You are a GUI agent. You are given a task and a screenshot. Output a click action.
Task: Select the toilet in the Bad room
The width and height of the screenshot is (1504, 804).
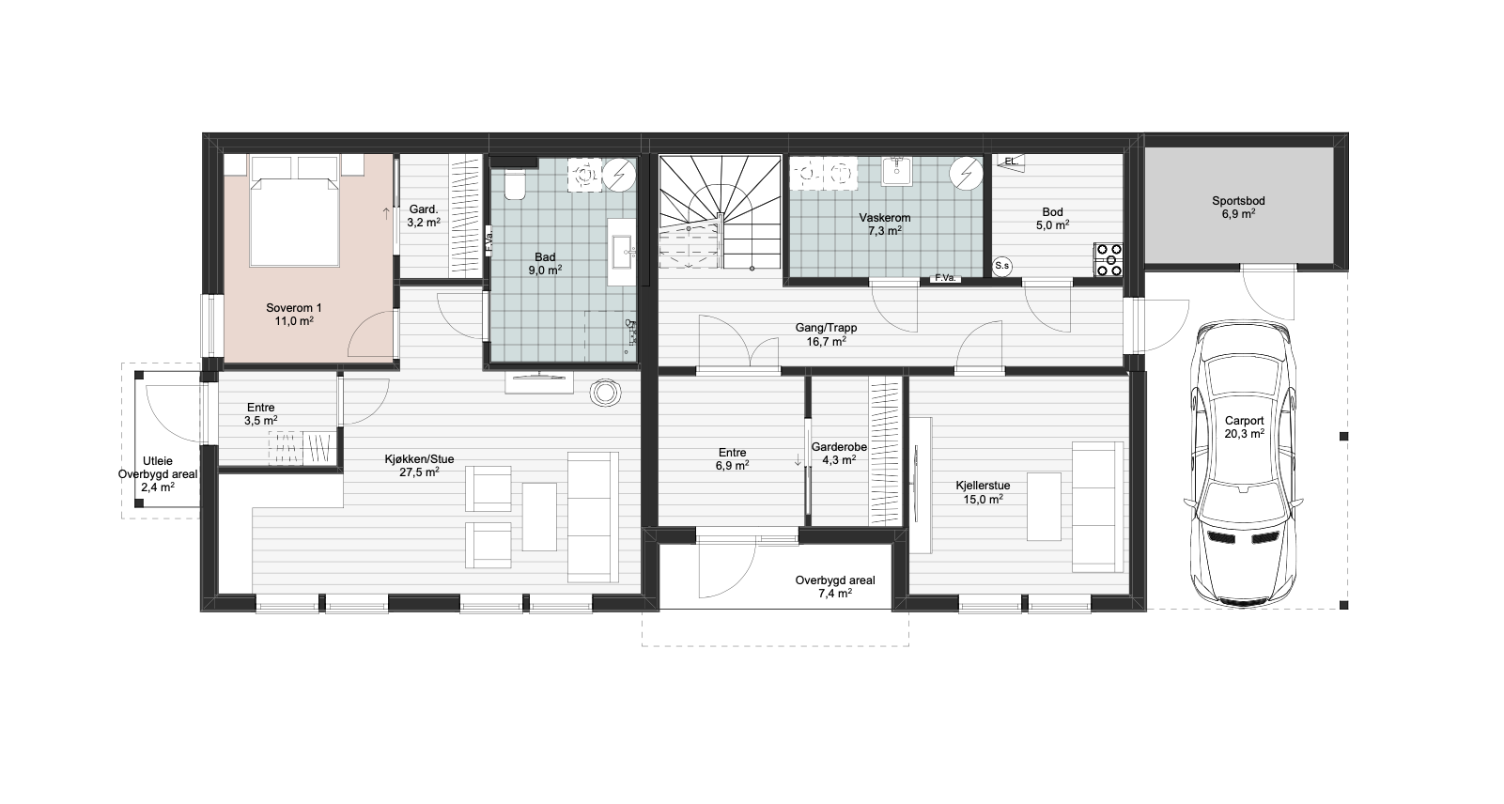[x=515, y=184]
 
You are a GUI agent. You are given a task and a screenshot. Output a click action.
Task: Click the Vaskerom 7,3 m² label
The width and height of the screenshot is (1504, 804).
[x=884, y=224]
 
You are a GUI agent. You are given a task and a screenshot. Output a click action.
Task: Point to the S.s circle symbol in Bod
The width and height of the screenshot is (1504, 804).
[x=1001, y=266]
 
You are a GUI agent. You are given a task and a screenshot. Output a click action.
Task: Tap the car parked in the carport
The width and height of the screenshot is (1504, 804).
[x=1243, y=463]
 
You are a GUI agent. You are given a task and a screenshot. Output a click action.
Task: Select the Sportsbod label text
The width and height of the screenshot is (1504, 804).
[x=1238, y=201]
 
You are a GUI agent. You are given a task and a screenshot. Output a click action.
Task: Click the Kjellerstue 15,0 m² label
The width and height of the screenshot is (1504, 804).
[x=983, y=492]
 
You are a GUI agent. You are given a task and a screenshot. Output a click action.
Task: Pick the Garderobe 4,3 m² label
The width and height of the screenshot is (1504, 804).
[x=839, y=453]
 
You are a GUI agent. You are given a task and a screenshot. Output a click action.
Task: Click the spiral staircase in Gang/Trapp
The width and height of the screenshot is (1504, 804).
[x=721, y=212]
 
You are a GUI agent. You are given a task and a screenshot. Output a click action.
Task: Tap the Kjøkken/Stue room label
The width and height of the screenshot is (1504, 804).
[x=419, y=459]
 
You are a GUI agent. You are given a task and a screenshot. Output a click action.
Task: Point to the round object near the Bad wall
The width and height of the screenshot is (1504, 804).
[x=605, y=394]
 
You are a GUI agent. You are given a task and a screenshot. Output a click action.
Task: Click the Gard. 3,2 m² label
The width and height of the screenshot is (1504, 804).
[x=424, y=215]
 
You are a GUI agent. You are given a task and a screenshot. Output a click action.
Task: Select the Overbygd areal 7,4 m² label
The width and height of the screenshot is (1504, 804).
[x=835, y=586]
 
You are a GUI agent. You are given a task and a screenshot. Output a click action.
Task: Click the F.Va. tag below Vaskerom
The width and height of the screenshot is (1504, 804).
[x=945, y=277]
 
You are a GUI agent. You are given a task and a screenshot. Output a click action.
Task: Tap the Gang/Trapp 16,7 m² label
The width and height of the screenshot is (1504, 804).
[x=826, y=334]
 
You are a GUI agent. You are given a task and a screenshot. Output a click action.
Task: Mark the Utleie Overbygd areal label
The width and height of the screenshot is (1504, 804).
[x=158, y=473]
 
